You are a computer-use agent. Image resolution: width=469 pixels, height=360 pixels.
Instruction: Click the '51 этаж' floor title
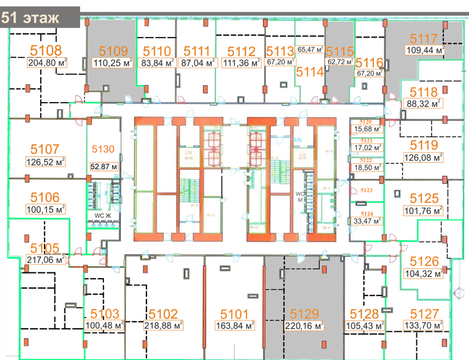[31, 17]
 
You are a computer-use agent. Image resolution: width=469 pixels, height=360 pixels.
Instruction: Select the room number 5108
[46, 51]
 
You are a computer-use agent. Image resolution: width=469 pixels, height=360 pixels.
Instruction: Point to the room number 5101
[235, 314]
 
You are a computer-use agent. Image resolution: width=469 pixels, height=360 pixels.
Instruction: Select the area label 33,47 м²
[366, 220]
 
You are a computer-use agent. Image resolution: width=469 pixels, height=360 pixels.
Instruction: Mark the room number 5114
[310, 72]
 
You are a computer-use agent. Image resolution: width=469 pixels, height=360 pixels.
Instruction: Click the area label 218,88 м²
[163, 326]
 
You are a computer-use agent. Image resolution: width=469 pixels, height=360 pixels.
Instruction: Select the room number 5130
[103, 148]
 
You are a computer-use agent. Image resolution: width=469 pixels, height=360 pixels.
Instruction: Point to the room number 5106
[44, 197]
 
